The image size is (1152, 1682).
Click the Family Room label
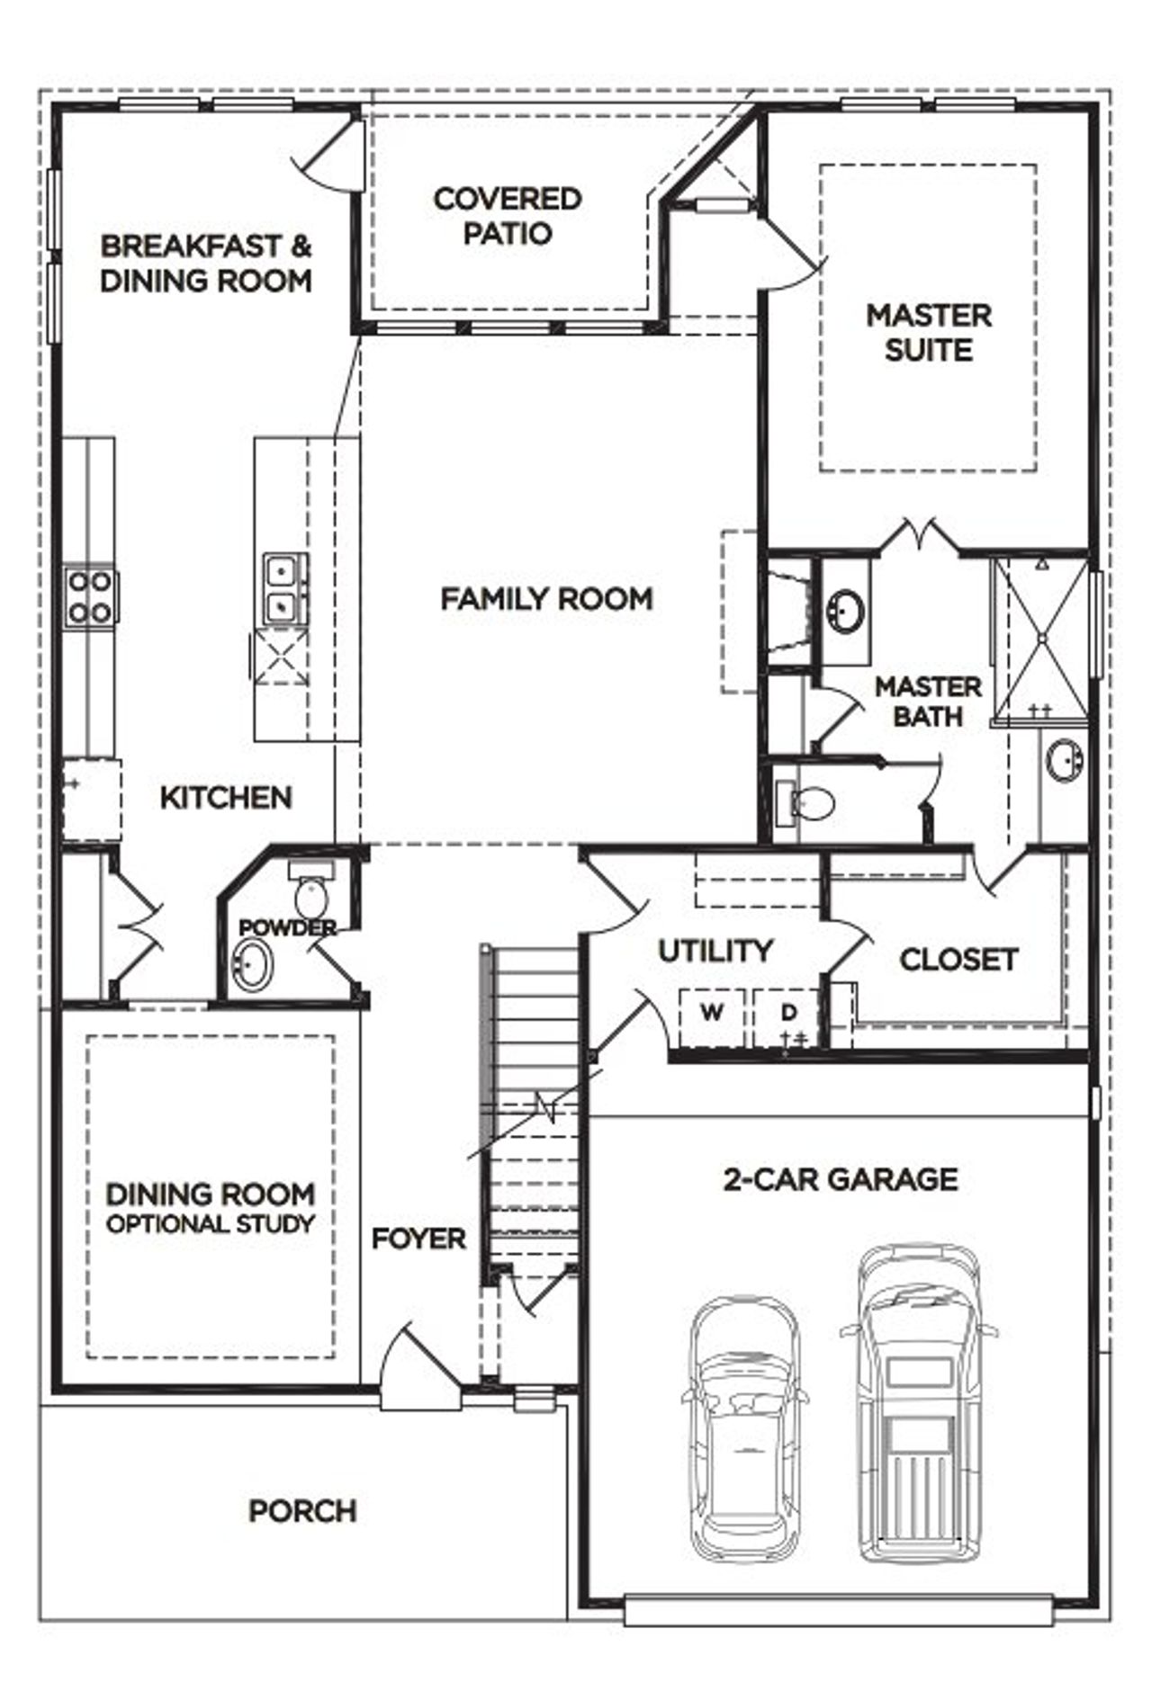point(546,599)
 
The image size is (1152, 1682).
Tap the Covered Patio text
point(507,216)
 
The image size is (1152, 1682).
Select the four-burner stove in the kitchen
point(90,597)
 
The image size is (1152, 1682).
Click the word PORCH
point(302,1511)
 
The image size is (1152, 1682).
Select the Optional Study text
point(211,1224)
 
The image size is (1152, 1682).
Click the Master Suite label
point(928,333)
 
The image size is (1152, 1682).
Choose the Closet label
point(958,960)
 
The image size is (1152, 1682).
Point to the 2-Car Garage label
point(841,1179)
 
